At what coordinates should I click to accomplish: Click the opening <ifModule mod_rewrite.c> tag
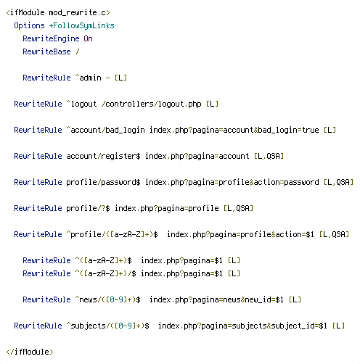point(58,12)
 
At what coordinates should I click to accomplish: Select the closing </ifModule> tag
point(30,352)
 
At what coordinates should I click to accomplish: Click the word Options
point(29,25)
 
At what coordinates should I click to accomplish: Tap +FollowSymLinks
point(82,25)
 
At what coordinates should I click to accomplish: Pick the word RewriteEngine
point(51,38)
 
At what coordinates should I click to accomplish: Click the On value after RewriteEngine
point(89,38)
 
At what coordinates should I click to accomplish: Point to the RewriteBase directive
point(46,51)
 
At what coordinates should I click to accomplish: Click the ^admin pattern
point(89,78)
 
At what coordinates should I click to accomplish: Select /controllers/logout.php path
point(152,104)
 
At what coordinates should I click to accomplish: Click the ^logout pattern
point(82,104)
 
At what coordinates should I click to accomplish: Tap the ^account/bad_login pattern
point(106,130)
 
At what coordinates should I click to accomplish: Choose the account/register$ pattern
point(103,156)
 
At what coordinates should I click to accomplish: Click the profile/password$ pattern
point(103,182)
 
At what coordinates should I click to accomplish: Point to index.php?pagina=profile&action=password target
point(232,182)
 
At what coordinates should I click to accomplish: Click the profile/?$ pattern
point(89,208)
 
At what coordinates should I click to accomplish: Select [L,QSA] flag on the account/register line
point(269,156)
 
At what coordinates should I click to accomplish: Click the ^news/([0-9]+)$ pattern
point(108,299)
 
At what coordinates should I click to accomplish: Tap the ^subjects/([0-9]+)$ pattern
point(108,326)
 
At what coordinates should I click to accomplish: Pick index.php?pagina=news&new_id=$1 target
point(216,299)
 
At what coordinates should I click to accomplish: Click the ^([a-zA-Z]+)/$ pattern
point(106,273)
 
